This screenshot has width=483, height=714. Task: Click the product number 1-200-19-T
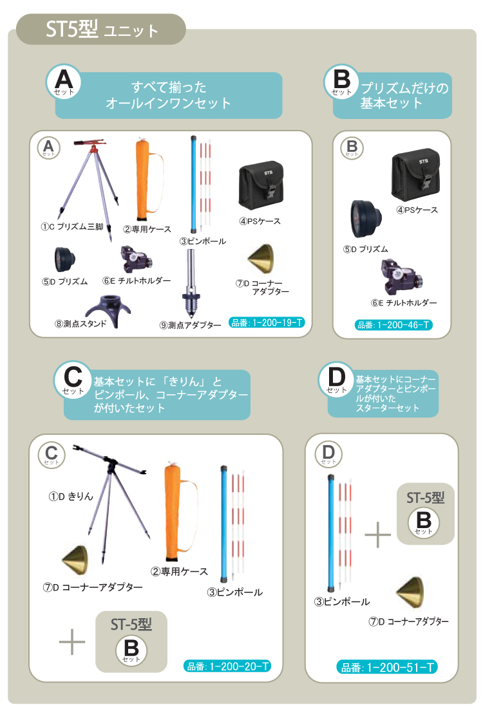(267, 323)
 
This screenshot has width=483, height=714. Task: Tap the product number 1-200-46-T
(393, 325)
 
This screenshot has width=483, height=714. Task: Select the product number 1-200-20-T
(227, 666)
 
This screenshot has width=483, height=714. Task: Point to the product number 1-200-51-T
(387, 667)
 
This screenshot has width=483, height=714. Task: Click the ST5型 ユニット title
(102, 30)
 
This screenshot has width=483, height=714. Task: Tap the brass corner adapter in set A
(261, 259)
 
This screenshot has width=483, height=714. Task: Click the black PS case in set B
(415, 174)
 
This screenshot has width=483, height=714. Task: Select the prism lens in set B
(365, 218)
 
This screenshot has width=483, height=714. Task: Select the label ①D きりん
(71, 496)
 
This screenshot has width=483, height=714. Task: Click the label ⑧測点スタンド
(80, 324)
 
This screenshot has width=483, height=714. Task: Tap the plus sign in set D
(377, 534)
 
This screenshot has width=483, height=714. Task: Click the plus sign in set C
(72, 642)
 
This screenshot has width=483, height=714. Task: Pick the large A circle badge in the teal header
(63, 82)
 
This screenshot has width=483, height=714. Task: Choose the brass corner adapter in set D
(410, 593)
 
